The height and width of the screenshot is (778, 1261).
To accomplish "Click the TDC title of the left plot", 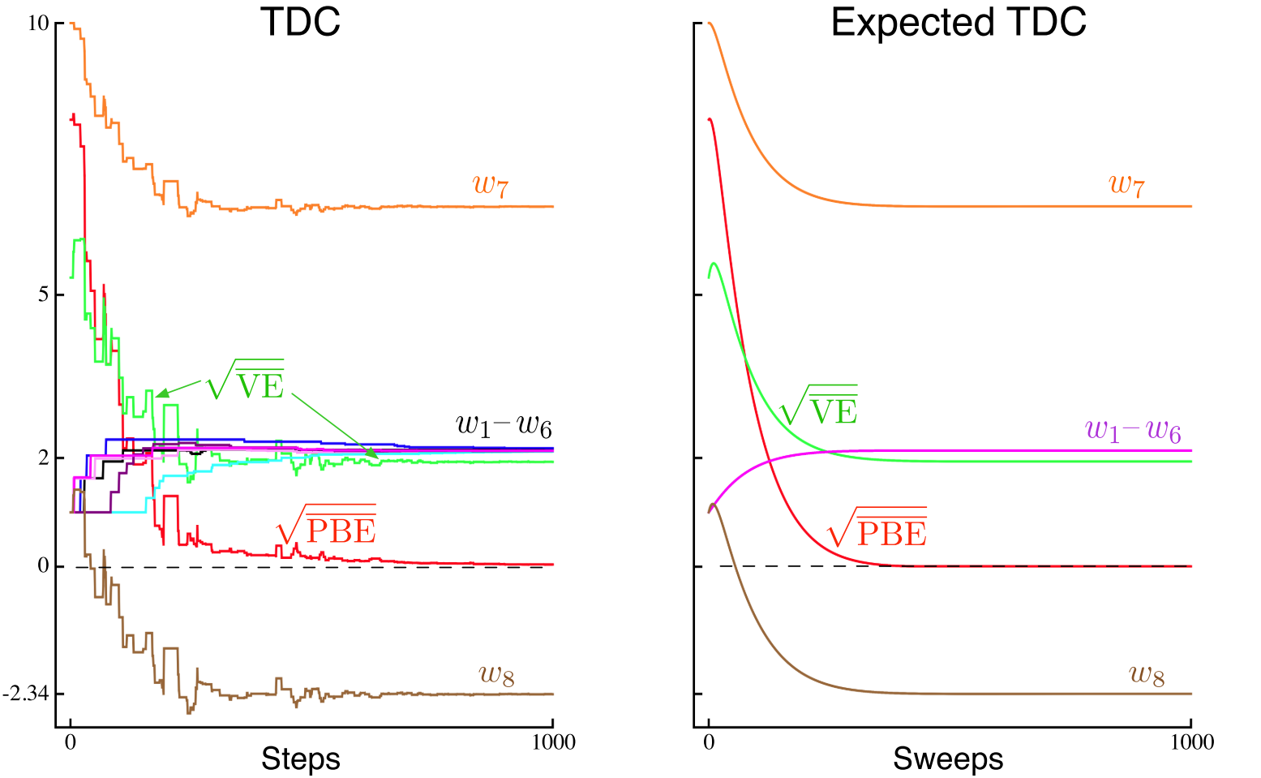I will tap(300, 23).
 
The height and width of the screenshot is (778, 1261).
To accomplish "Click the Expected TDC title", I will tap(959, 23).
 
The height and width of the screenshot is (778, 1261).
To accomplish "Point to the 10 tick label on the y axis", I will tap(37, 24).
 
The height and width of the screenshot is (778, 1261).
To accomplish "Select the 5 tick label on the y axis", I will tap(44, 294).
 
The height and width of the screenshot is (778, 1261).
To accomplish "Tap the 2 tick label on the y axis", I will tap(44, 458).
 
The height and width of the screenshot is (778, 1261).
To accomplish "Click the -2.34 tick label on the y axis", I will tap(25, 694).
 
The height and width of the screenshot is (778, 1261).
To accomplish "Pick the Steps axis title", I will tap(300, 759).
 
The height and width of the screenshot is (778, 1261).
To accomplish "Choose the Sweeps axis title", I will tap(948, 759).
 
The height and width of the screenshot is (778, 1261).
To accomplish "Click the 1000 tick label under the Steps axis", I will tap(553, 742).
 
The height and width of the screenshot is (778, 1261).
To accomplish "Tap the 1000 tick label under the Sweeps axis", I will tap(1191, 742).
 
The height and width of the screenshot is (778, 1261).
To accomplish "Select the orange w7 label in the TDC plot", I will tap(491, 185).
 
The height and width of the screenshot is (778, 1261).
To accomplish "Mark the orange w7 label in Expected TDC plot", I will tap(1127, 185).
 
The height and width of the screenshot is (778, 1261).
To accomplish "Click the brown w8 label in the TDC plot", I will tap(497, 674).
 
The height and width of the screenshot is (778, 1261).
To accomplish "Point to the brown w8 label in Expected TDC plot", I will tap(1147, 674).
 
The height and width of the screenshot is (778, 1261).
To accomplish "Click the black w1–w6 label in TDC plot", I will tap(504, 425).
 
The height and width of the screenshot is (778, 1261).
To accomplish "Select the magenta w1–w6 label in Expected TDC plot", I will tap(1133, 430).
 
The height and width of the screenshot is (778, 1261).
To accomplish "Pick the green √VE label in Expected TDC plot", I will tap(818, 406).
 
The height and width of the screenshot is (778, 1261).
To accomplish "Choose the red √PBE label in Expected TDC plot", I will tap(877, 528).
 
